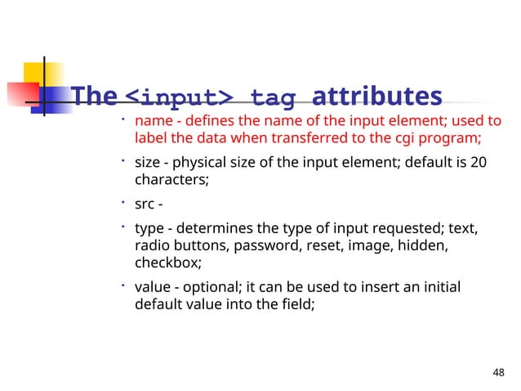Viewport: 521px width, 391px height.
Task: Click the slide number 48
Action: click(500, 374)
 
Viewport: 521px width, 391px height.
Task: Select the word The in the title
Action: click(94, 97)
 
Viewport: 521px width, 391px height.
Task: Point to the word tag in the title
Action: click(274, 99)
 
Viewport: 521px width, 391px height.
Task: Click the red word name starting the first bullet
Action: click(150, 122)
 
